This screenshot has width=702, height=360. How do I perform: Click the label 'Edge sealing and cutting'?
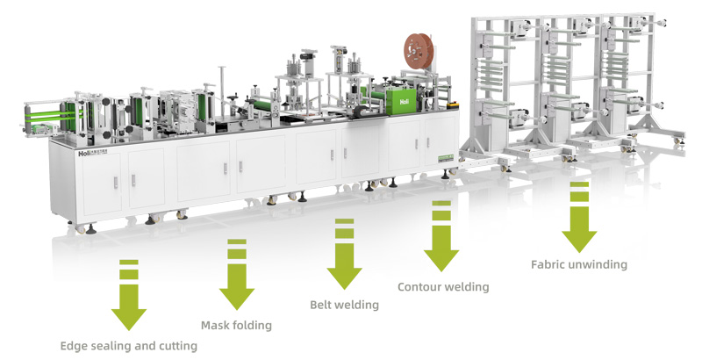(128, 346)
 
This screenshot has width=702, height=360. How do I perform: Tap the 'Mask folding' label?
(236, 325)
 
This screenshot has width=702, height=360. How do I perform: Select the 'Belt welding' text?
(344, 305)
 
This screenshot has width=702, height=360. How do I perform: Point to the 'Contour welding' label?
(442, 286)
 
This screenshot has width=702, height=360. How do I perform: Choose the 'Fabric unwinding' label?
(579, 263)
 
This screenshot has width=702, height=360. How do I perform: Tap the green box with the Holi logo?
(405, 102)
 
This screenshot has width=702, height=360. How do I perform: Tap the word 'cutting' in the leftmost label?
(177, 346)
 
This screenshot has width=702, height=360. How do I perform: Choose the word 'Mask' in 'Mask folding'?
(216, 325)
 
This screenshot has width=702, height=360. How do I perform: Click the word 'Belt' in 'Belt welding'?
(321, 305)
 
